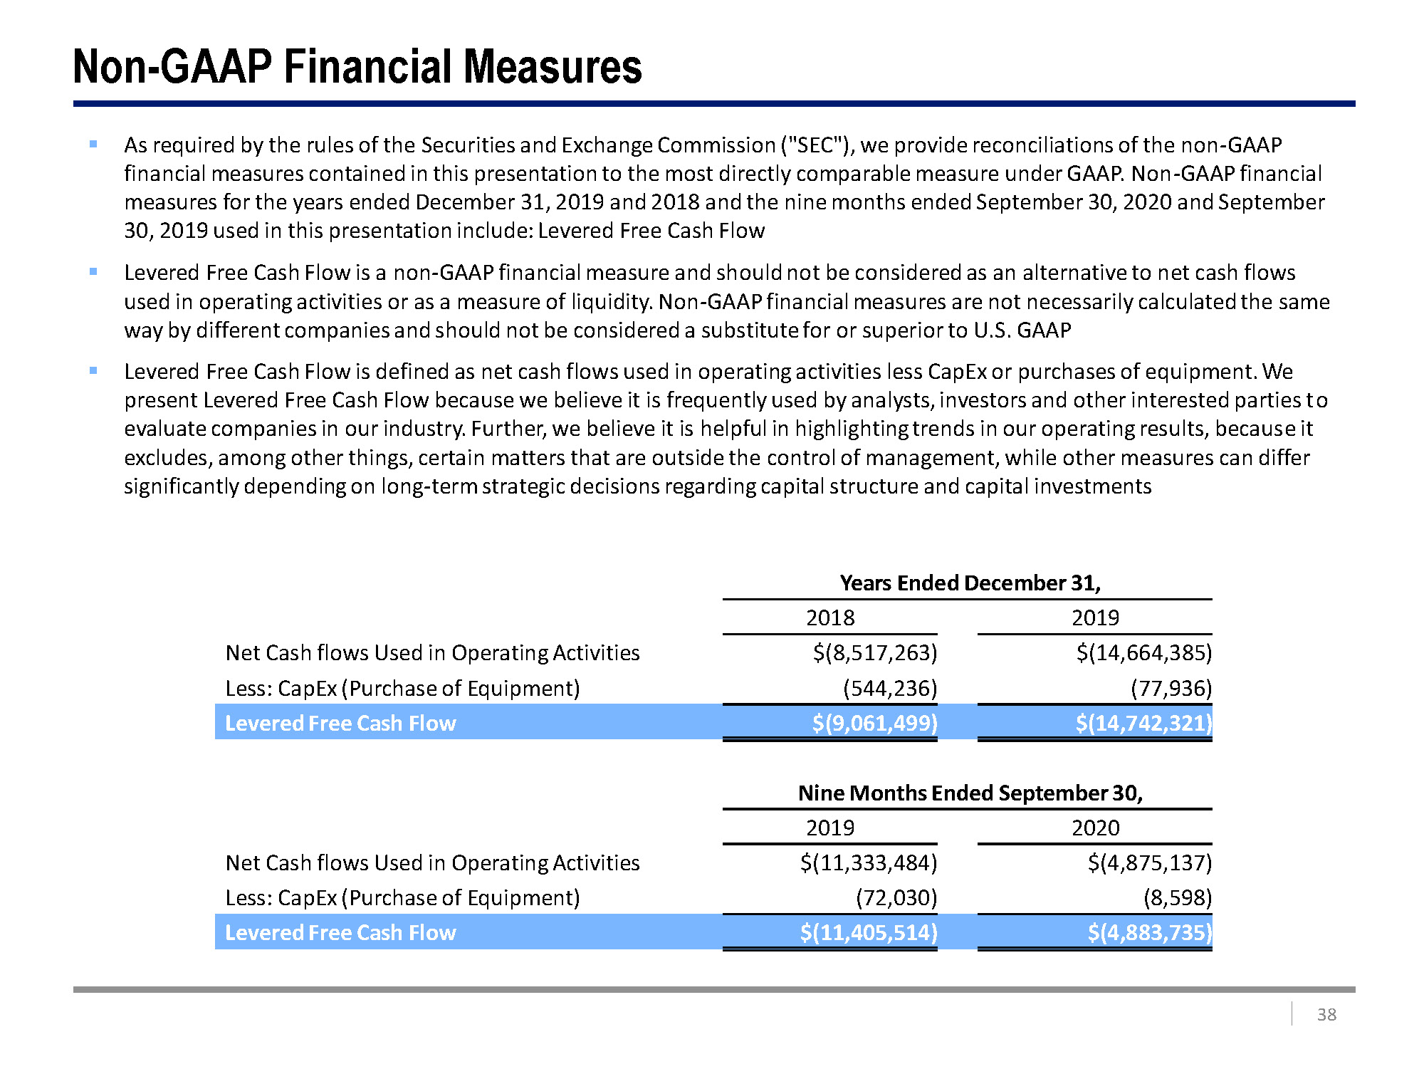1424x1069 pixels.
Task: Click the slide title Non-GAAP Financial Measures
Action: click(x=357, y=67)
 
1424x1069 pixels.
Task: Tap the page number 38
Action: click(x=1326, y=1014)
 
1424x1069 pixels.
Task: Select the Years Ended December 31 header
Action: click(x=970, y=583)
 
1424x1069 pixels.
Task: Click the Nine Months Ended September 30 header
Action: click(x=970, y=793)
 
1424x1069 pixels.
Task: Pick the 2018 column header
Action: click(x=830, y=617)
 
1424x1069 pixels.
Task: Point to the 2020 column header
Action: click(x=1095, y=828)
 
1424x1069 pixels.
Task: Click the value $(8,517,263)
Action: click(x=875, y=652)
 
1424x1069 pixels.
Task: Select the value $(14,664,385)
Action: click(x=1143, y=652)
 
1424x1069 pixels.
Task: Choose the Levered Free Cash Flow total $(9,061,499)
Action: click(x=875, y=723)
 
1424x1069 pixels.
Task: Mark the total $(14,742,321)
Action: click(x=1143, y=723)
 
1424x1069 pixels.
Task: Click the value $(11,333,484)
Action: click(x=869, y=862)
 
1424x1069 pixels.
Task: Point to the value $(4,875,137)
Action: click(x=1149, y=862)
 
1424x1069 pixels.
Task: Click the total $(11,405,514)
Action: click(x=869, y=932)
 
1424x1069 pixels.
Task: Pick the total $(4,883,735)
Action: click(x=1149, y=932)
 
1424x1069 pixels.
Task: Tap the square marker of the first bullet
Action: click(x=93, y=145)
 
